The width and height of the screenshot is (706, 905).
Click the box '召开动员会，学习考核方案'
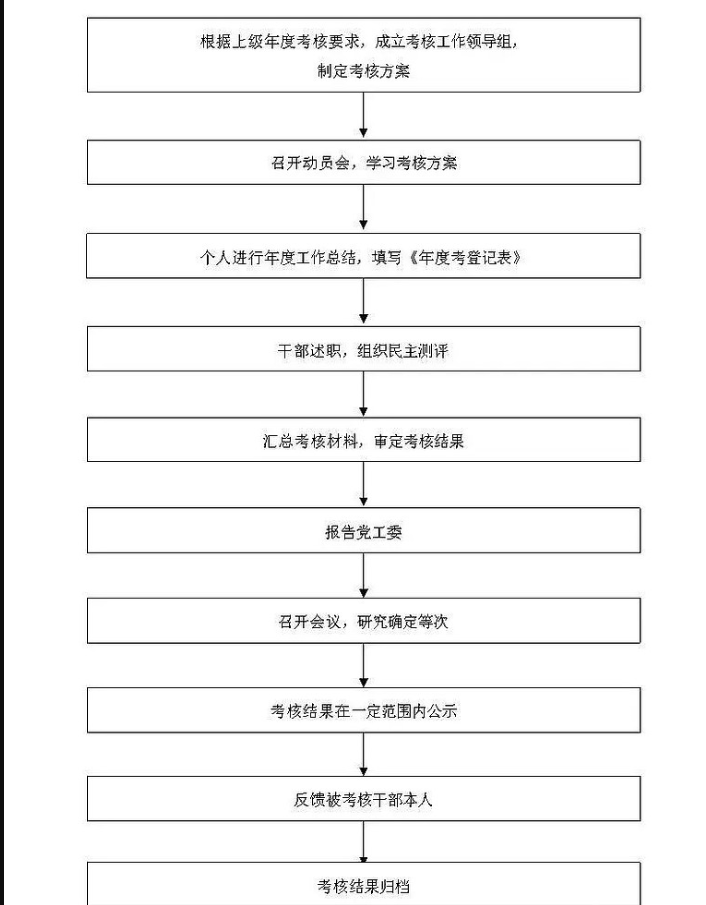point(363,163)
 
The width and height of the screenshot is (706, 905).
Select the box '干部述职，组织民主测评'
point(363,349)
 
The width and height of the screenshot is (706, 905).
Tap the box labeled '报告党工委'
point(363,532)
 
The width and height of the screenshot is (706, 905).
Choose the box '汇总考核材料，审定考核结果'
point(363,440)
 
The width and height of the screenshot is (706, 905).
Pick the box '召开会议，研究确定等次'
point(363,621)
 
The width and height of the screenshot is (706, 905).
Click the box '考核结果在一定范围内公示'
point(363,711)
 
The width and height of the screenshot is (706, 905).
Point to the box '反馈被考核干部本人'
point(363,799)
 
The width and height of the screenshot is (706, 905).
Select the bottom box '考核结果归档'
point(363,885)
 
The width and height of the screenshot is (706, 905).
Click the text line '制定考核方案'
point(363,71)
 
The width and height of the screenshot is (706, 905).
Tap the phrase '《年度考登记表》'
point(465,257)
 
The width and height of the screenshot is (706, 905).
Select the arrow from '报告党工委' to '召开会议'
point(363,575)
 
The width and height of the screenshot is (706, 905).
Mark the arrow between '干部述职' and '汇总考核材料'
point(363,394)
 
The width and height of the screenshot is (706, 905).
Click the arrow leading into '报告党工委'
point(363,485)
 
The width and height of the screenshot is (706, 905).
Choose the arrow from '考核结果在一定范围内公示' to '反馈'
point(363,754)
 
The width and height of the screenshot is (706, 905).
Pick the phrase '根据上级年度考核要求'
point(281,42)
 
